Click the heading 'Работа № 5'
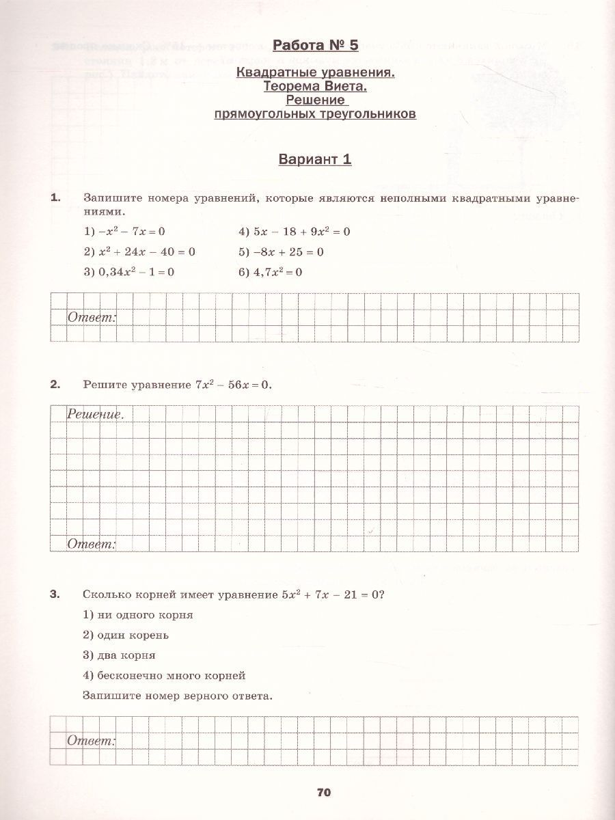point(315,46)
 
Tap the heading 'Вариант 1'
point(315,160)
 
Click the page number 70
point(324,792)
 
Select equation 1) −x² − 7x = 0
point(124,232)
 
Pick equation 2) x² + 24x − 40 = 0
point(139,251)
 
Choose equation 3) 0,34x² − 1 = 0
point(128,272)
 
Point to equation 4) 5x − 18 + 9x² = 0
point(294,232)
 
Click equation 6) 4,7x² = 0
point(270,272)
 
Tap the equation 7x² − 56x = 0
point(233,385)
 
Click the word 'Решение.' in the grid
point(96,414)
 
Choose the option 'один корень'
point(126,635)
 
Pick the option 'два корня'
point(119,655)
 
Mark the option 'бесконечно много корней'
point(164,675)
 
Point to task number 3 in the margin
point(55,594)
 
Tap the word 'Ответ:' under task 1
point(92,318)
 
